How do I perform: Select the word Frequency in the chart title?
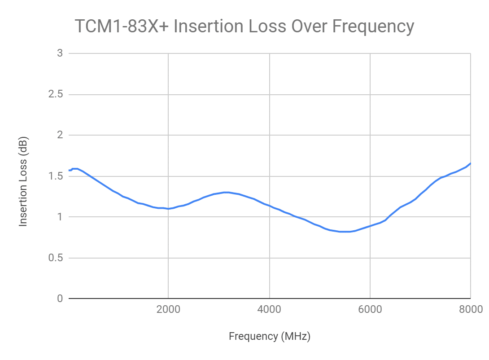(373, 26)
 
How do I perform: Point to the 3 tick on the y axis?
(59, 53)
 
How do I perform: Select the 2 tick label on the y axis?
(59, 135)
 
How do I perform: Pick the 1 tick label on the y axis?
(59, 217)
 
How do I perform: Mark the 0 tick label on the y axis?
(59, 299)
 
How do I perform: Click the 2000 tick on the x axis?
(168, 309)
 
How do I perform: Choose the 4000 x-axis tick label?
(269, 309)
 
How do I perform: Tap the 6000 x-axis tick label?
(370, 309)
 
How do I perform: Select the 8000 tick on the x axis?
(471, 309)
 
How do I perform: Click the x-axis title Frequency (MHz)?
(270, 336)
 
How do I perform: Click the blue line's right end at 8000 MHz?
(470, 163)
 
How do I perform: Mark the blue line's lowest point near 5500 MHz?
(345, 232)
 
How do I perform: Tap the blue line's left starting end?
(69, 170)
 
